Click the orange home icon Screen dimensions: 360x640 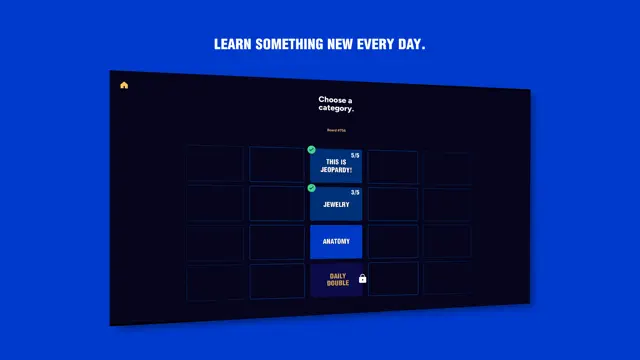click(124, 85)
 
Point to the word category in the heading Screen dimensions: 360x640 click(336, 108)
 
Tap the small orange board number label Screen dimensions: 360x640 click(335, 130)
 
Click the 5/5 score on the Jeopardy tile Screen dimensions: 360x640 click(355, 156)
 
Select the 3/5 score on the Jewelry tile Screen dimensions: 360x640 click(355, 192)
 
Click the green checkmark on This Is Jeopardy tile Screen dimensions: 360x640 click(312, 150)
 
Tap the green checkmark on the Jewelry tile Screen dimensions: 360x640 click(312, 187)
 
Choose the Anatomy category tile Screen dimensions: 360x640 click(336, 241)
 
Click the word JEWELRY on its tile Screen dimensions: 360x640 click(336, 205)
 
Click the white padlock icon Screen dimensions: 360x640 click(362, 279)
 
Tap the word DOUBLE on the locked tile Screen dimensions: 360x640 click(338, 284)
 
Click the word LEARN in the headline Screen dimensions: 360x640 click(233, 45)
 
